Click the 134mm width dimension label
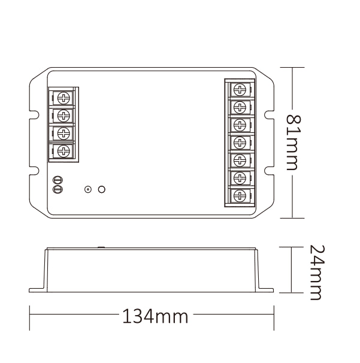pyautogui.click(x=155, y=316)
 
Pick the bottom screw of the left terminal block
pyautogui.click(x=63, y=150)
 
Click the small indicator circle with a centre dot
pyautogui.click(x=88, y=189)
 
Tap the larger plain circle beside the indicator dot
pyautogui.click(x=102, y=189)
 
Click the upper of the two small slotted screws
pyautogui.click(x=58, y=180)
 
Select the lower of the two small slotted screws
pyautogui.click(x=58, y=189)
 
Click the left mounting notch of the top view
pyautogui.click(x=32, y=113)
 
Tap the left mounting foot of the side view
pyautogui.click(x=38, y=289)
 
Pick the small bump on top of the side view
pyautogui.click(x=101, y=246)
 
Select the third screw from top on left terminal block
pyautogui.click(x=63, y=132)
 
